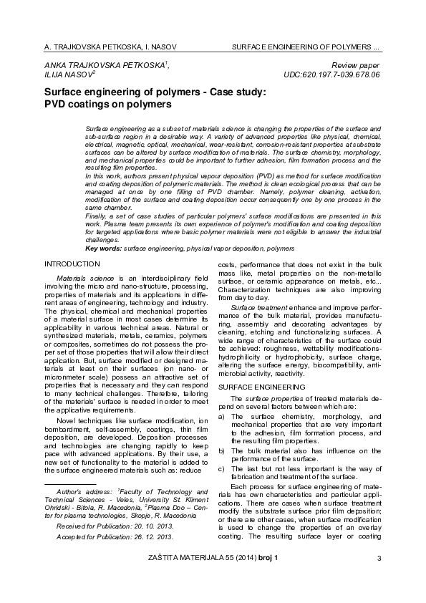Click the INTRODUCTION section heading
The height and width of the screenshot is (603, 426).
[72, 264]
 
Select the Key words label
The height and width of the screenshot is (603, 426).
[103, 248]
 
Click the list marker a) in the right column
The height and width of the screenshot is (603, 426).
[222, 415]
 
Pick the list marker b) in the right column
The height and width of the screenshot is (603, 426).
[222, 450]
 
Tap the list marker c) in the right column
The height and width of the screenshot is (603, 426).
[222, 468]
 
